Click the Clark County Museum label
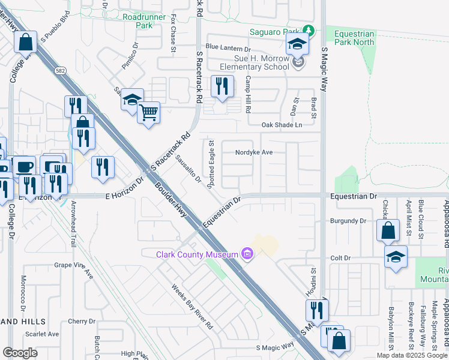[x=197, y=254]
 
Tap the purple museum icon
[x=247, y=254]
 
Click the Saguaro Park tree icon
[x=308, y=31]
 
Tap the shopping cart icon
[x=148, y=112]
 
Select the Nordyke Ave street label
[x=254, y=152]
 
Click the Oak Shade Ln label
[x=282, y=125]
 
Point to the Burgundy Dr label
[x=348, y=221]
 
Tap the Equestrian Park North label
[x=355, y=38]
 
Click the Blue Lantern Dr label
[x=228, y=47]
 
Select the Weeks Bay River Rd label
[x=193, y=307]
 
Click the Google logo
[x=20, y=352]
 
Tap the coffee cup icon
[x=25, y=166]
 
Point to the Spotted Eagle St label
[x=211, y=165]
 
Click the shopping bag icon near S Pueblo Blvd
[x=25, y=42]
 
